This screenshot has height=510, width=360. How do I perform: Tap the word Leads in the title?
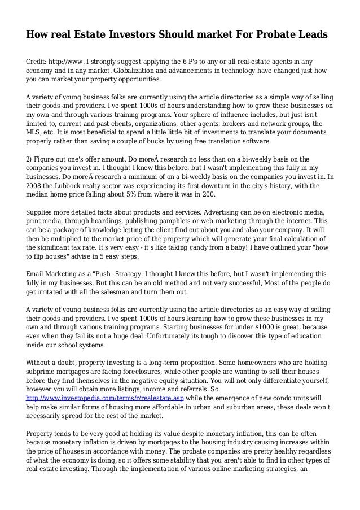point(310,35)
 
